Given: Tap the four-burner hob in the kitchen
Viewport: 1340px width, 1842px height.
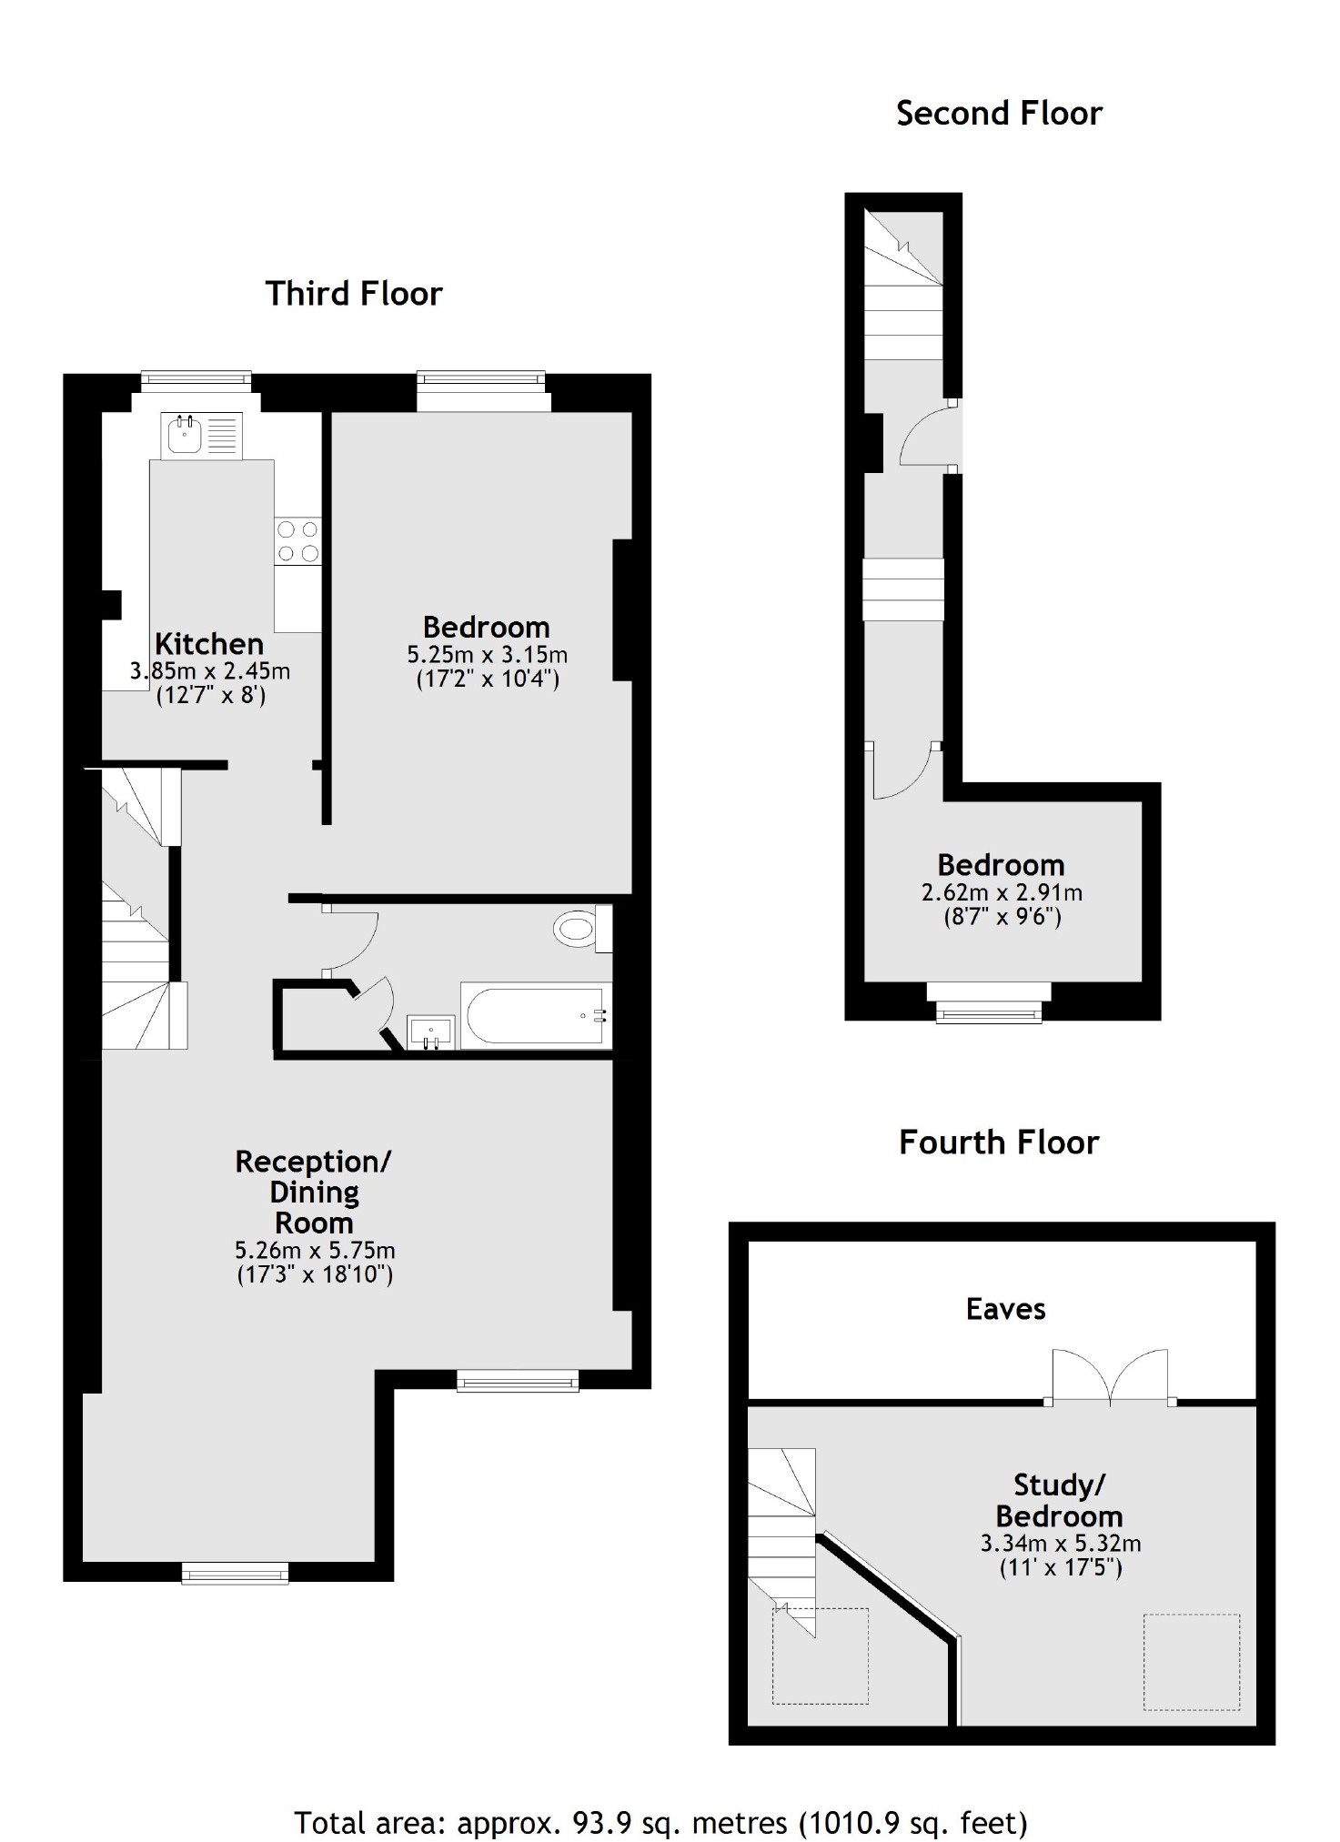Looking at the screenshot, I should point(298,540).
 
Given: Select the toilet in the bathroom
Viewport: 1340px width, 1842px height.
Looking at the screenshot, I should point(577,929).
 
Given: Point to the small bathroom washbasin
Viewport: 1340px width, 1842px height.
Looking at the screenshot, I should point(431,1032).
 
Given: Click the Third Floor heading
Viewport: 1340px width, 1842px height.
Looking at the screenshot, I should point(353,294).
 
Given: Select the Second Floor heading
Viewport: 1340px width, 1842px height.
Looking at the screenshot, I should point(998,114).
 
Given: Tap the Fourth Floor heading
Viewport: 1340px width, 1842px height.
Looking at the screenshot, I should point(998,1142).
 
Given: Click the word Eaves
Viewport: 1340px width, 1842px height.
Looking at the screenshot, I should point(1005,1309).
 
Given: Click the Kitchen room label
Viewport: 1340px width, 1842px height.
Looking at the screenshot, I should point(209,644).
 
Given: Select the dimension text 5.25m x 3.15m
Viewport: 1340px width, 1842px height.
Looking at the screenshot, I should point(487,655).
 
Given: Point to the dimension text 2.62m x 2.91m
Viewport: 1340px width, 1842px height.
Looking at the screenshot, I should point(1002,892).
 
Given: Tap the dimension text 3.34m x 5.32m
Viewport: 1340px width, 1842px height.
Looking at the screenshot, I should point(1060,1544).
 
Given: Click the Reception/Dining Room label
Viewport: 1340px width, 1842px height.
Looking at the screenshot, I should point(314,1192).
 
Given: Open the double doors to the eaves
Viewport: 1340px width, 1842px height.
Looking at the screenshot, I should point(1110,1379).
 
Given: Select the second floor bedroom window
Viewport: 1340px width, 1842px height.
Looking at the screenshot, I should point(989,1009).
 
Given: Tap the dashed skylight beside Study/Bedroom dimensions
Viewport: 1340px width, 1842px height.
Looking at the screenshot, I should point(1191,1662).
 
